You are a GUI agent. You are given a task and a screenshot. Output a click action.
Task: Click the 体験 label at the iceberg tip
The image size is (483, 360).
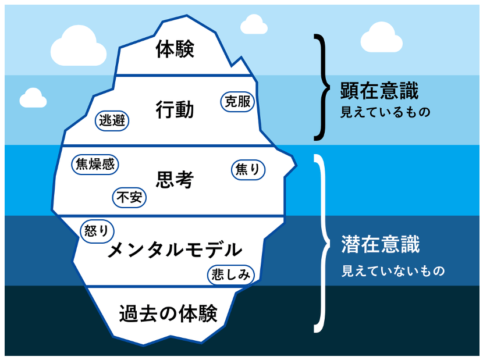point(175,49)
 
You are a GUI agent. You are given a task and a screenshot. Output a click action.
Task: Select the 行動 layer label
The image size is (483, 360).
point(175,109)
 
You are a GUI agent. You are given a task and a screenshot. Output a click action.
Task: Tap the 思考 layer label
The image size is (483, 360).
point(175,180)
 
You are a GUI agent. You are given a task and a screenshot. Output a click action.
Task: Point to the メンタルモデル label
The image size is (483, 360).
point(175,250)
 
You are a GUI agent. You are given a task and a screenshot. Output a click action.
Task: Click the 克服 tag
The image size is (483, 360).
point(237,101)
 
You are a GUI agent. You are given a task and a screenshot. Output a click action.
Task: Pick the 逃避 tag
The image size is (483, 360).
point(112,121)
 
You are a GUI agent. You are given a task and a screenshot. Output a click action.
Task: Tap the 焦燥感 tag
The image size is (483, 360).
point(94,164)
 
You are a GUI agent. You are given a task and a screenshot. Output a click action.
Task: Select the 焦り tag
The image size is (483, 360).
point(248,170)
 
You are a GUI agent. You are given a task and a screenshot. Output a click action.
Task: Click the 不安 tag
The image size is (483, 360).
point(129,198)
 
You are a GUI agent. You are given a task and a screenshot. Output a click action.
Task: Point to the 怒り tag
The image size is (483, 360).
point(97,230)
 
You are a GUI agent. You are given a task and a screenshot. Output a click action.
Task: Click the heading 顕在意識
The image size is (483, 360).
point(379,91)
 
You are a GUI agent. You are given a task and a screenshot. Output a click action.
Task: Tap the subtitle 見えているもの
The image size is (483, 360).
point(385,112)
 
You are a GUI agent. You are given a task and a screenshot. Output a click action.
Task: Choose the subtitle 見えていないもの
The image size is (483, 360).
point(392,271)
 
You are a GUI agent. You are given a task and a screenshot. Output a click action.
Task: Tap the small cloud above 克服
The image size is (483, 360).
point(254,25)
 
